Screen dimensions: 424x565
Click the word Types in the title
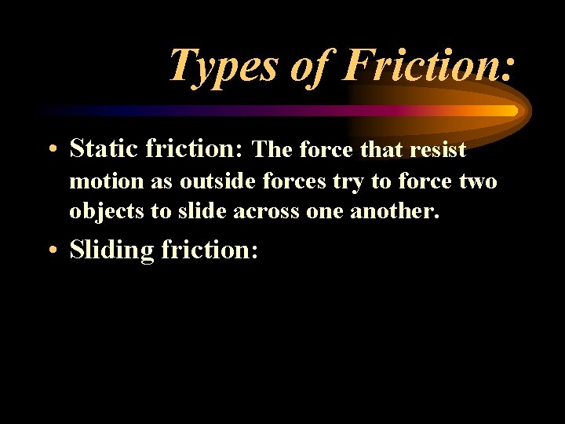pyautogui.click(x=223, y=65)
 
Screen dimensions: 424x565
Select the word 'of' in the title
pyautogui.click(x=309, y=65)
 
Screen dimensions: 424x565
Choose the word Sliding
pyautogui.click(x=111, y=250)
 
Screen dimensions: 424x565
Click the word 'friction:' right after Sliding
pyautogui.click(x=210, y=250)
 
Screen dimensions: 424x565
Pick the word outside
pyautogui.click(x=210, y=181)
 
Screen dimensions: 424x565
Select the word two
pyautogui.click(x=478, y=181)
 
